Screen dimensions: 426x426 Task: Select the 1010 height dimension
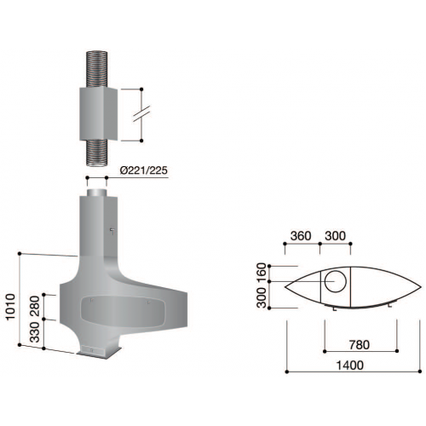(9, 302)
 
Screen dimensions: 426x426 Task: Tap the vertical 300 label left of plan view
(262, 296)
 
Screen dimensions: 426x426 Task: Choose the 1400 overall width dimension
(350, 366)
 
